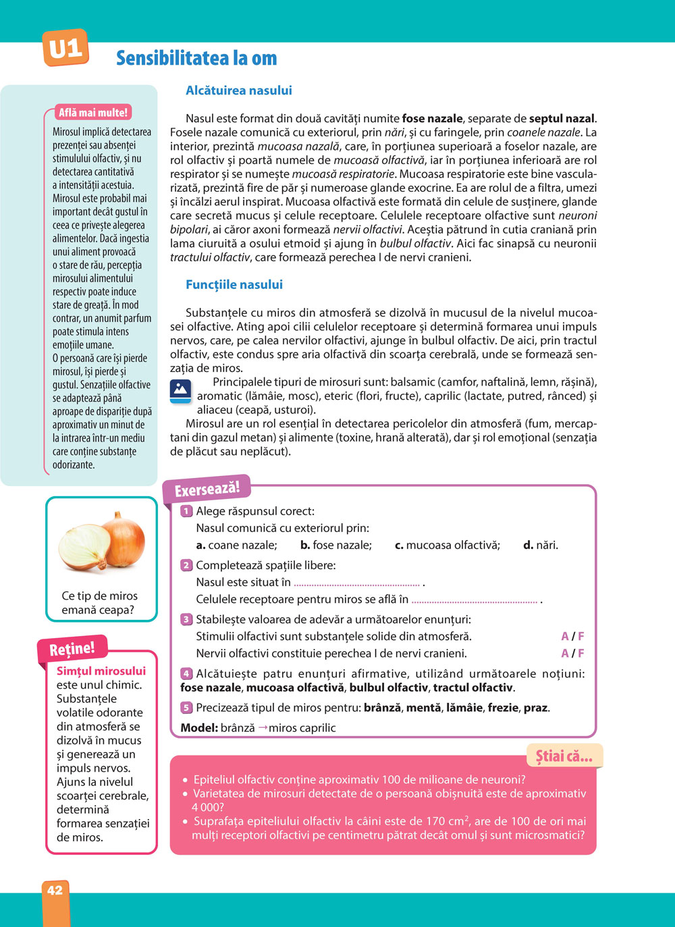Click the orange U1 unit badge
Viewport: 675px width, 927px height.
pyautogui.click(x=65, y=48)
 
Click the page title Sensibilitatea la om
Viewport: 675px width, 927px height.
pyautogui.click(x=196, y=59)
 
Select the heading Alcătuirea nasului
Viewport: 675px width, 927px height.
pyautogui.click(x=239, y=90)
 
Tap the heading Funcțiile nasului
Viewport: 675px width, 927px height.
pyautogui.click(x=234, y=285)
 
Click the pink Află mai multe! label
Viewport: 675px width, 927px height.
pyautogui.click(x=92, y=113)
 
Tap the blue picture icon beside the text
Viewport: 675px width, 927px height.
pyautogui.click(x=180, y=391)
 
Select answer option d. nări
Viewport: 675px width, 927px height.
pyautogui.click(x=541, y=546)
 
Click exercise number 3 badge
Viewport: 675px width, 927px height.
pyautogui.click(x=186, y=619)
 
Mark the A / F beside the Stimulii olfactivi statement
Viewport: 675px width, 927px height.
pyautogui.click(x=572, y=637)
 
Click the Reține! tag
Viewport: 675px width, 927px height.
pyautogui.click(x=72, y=649)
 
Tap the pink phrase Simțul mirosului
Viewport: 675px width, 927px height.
pyautogui.click(x=101, y=671)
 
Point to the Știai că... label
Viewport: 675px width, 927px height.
pyautogui.click(x=564, y=756)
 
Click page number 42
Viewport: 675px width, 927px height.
pyautogui.click(x=55, y=890)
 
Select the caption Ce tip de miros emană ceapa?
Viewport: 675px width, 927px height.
pyautogui.click(x=99, y=603)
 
